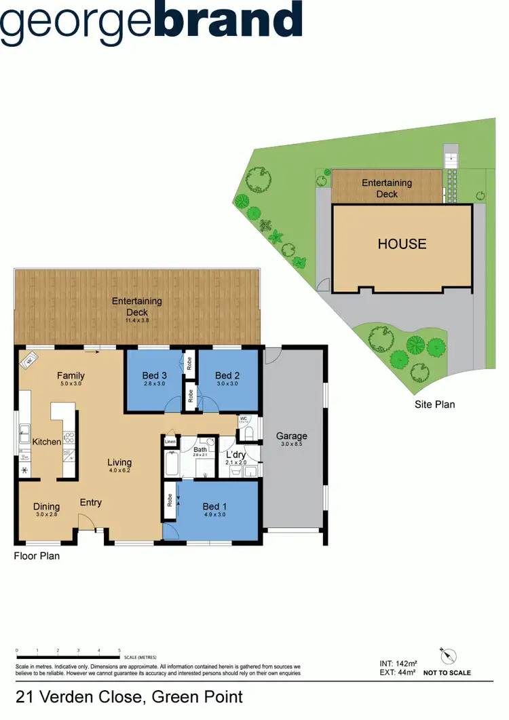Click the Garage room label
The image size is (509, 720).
point(291,436)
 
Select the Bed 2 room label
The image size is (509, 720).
point(227,375)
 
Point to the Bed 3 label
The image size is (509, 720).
point(155,375)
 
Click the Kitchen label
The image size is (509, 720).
point(47,442)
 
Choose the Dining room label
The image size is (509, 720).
point(46,506)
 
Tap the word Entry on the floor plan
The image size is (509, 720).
point(91,503)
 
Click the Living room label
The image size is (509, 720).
point(119,463)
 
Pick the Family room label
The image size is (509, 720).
point(71,375)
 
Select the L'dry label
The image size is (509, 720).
point(235,455)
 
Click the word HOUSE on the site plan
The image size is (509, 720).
point(402,244)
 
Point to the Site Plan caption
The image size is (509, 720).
point(434,404)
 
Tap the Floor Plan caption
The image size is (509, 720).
point(37,556)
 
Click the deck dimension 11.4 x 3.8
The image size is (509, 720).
point(136,320)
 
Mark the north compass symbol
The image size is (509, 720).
point(447,656)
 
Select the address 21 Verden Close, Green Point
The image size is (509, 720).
point(129,696)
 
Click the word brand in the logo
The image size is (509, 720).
point(228,20)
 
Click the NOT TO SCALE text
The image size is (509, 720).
point(447,673)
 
